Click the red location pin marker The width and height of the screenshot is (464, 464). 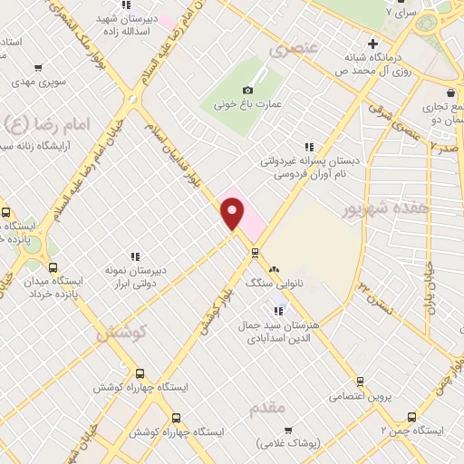234,213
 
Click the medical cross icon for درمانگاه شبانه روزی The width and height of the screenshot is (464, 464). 372,43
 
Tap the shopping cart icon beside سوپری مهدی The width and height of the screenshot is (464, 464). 38,67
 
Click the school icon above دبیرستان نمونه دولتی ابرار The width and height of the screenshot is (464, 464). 135,257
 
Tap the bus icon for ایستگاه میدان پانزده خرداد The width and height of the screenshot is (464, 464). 53,268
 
